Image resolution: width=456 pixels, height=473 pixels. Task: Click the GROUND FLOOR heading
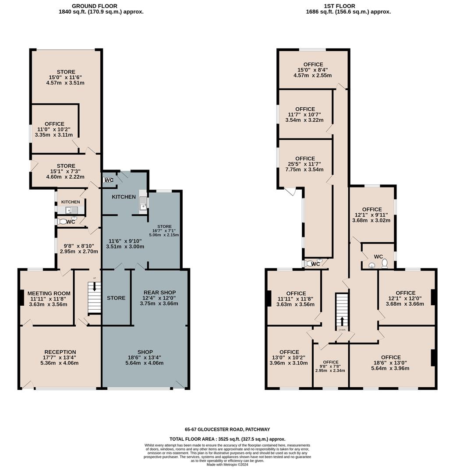(x=95, y=6)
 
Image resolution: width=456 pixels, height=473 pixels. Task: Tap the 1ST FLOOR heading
(x=339, y=6)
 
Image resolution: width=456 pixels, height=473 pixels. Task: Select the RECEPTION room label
(x=60, y=352)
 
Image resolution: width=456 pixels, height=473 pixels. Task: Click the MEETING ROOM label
(x=49, y=293)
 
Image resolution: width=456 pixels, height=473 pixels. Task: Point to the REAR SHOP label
(x=159, y=293)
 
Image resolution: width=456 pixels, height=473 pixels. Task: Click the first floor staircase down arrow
(x=342, y=321)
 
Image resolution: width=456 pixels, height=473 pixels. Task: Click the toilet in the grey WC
(x=106, y=180)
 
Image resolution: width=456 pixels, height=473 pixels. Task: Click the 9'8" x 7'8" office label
(x=330, y=367)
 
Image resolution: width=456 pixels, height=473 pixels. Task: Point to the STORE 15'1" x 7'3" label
(x=66, y=171)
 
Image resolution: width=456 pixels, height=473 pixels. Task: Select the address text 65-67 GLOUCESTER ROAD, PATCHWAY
(x=227, y=430)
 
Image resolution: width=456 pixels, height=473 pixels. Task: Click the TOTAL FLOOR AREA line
(x=227, y=439)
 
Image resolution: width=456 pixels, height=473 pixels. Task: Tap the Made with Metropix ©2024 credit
(x=227, y=465)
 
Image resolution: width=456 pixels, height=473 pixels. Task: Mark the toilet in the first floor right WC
(x=385, y=264)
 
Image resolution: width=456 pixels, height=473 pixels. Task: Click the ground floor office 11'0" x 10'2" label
(x=54, y=129)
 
